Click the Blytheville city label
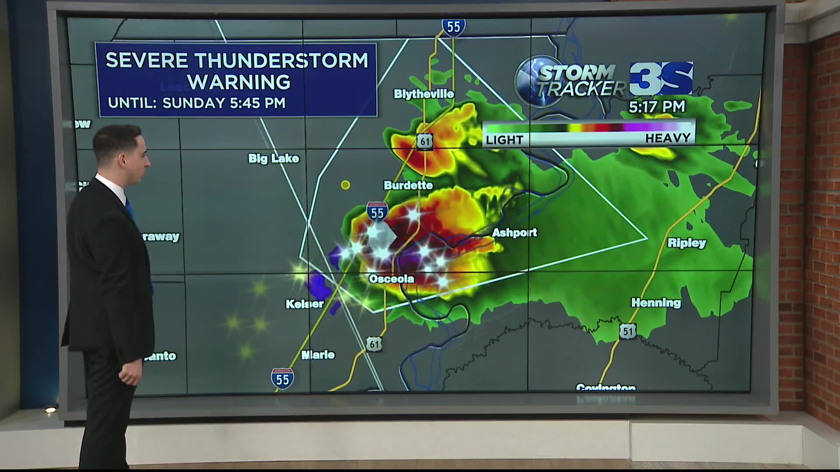click(x=423, y=94)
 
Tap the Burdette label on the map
click(x=408, y=185)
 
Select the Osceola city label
click(x=391, y=279)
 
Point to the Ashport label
click(x=514, y=233)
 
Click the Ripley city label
click(x=686, y=243)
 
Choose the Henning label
click(x=655, y=302)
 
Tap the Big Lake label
click(x=273, y=158)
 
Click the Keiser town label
click(x=304, y=304)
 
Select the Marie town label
click(x=318, y=355)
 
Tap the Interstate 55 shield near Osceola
click(x=377, y=212)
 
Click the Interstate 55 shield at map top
click(x=453, y=27)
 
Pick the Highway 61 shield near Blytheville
click(x=424, y=142)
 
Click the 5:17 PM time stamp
click(x=657, y=107)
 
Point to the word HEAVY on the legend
click(x=667, y=139)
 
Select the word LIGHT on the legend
click(x=504, y=140)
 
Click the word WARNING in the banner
click(x=239, y=82)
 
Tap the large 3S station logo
click(x=661, y=79)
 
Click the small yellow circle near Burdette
click(x=345, y=185)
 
